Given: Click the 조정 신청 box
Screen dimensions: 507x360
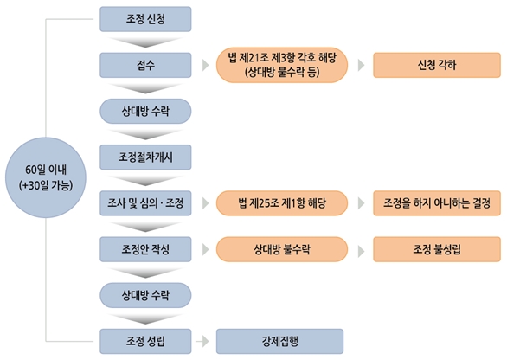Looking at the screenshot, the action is click(x=145, y=19).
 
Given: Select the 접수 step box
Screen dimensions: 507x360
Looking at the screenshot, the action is click(x=145, y=65).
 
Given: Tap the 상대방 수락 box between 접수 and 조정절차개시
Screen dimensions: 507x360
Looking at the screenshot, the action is click(x=145, y=112).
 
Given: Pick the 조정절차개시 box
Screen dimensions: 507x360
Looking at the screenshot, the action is click(x=145, y=157).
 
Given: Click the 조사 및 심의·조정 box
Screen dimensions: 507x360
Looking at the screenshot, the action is click(x=145, y=203).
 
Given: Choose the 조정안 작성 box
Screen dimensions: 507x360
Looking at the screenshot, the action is click(x=145, y=249).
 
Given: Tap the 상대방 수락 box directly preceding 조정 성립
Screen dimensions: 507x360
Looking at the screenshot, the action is click(x=145, y=295).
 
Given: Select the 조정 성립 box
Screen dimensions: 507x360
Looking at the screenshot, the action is click(x=145, y=341).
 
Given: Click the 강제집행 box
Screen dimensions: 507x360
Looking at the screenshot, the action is click(x=279, y=341).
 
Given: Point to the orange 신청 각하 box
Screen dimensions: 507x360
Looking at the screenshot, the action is click(x=437, y=65).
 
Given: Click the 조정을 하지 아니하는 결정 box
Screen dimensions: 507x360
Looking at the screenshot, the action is click(x=437, y=203).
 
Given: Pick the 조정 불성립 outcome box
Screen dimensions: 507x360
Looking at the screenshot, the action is click(x=437, y=249).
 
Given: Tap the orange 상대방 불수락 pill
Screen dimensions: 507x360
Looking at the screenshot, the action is click(x=282, y=249).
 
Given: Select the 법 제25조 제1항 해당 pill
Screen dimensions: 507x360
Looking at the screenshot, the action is click(x=282, y=203).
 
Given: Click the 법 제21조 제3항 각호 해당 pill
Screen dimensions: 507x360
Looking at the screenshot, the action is click(x=282, y=65).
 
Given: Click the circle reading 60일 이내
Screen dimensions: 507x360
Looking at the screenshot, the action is click(x=46, y=177).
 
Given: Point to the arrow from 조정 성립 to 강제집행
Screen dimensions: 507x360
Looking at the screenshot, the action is click(x=202, y=341).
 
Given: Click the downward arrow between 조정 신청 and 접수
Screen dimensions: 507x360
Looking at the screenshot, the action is click(x=145, y=42).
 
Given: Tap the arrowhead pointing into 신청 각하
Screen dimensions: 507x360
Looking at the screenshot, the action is click(x=361, y=65).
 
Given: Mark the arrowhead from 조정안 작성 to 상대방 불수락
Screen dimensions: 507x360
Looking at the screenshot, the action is click(x=206, y=250).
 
